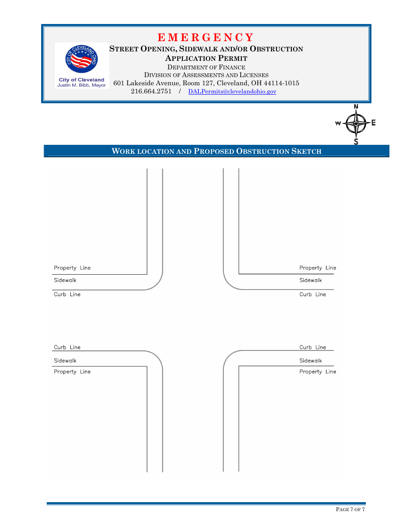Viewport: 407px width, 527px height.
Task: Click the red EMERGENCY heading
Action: (206, 37)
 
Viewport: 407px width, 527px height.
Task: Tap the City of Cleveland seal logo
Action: (81, 60)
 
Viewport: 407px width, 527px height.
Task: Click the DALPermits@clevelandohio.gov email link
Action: (232, 92)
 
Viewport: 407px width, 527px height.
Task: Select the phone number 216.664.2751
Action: (151, 92)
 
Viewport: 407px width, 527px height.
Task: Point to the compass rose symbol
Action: (356, 123)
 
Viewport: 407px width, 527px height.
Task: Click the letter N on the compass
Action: (356, 107)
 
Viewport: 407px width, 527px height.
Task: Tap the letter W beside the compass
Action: (338, 123)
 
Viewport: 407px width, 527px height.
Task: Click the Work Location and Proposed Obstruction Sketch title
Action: (216, 151)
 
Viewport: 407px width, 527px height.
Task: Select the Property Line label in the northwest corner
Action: (72, 268)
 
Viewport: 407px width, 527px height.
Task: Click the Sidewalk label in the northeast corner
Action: (311, 280)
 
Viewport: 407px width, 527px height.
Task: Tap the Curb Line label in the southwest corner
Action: (67, 347)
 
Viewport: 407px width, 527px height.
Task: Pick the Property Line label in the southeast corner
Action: (317, 372)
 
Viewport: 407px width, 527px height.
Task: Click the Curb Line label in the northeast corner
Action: (313, 294)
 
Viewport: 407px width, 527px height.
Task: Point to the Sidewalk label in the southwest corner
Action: (65, 361)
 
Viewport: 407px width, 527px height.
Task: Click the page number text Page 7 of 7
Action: (350, 509)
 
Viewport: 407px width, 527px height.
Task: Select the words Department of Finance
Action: (206, 67)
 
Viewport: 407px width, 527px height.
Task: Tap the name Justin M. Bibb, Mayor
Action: (81, 85)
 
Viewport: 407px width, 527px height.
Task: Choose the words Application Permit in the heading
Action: (206, 58)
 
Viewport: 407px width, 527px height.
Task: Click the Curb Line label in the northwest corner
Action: (67, 294)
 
